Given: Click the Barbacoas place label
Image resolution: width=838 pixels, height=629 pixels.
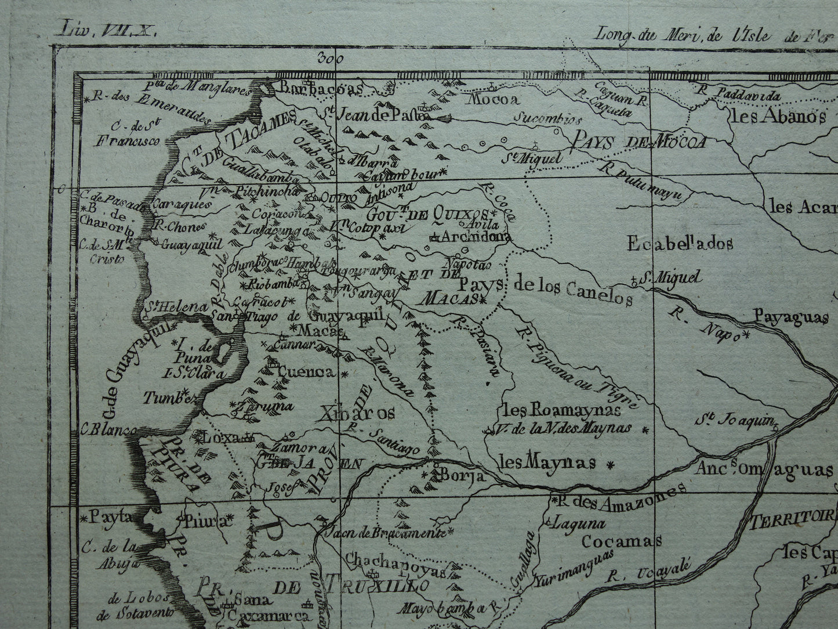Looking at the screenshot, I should tap(321, 88).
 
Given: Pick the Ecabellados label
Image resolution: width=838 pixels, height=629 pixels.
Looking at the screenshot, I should tap(680, 244).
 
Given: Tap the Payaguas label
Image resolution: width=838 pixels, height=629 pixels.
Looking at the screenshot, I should tap(790, 317).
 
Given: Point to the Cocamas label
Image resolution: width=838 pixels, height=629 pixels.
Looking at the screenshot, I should tap(622, 542).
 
